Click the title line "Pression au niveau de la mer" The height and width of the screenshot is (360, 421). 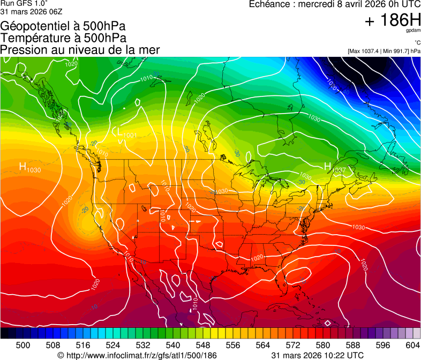point(80,50)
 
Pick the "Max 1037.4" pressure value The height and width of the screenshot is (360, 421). point(364,51)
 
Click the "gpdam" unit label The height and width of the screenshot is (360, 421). point(414,32)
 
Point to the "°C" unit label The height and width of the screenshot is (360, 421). point(417,43)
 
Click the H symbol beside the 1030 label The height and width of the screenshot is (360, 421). point(23,167)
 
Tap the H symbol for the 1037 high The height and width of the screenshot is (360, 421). point(328,167)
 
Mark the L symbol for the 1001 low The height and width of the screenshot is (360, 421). point(116,130)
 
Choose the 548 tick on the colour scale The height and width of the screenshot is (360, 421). point(203,344)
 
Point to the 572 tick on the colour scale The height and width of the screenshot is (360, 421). point(293,344)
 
